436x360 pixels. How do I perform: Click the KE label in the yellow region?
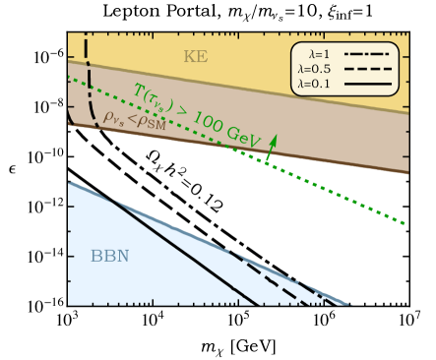[196, 57]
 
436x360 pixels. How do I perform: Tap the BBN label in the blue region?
[109, 257]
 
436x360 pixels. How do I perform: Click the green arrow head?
[273, 138]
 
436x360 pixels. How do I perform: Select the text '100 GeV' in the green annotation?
[229, 131]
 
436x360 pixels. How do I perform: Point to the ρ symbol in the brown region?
[107, 115]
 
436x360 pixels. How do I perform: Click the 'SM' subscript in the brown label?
[156, 125]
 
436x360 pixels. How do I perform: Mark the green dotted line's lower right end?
[405, 222]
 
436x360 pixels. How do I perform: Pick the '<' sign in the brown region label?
[132, 119]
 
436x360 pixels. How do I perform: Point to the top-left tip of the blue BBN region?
[70, 183]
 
